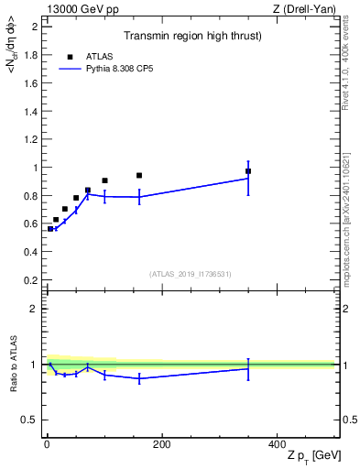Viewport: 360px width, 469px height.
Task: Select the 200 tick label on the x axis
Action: coord(161,444)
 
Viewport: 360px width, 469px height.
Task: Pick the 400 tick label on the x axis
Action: coord(277,444)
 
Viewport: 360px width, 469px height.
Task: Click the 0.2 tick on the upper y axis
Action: coord(30,280)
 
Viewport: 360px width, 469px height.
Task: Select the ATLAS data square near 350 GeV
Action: coord(248,171)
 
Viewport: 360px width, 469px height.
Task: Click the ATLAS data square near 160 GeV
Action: coord(139,175)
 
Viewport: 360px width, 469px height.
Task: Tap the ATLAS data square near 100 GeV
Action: coord(104,180)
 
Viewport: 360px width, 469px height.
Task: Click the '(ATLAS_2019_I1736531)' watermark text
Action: coord(191,274)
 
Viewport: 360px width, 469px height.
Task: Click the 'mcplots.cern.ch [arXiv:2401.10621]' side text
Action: coord(345,215)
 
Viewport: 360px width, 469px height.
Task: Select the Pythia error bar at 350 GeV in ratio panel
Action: coord(248,368)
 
